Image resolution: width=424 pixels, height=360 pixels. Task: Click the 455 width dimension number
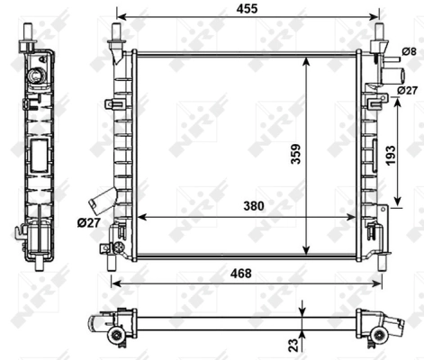pos(244,9)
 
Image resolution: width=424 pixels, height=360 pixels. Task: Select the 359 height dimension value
pos(321,155)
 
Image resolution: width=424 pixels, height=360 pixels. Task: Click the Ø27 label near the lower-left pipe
pos(88,222)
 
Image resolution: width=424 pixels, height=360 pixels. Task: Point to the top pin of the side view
pos(32,33)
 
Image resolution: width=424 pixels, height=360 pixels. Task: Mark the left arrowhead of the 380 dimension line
pos(140,217)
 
